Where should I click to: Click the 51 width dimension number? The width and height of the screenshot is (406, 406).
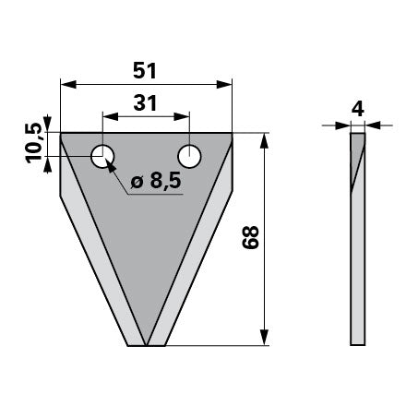click(x=145, y=71)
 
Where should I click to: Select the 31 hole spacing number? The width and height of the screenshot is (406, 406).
click(x=145, y=103)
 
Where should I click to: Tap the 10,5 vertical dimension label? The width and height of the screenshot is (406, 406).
click(x=33, y=143)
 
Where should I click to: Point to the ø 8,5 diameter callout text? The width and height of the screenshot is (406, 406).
click(x=156, y=181)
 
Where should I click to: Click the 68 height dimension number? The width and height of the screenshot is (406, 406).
click(x=250, y=237)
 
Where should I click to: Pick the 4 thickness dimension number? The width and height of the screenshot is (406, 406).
click(x=358, y=109)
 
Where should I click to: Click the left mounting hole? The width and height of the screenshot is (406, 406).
click(x=102, y=156)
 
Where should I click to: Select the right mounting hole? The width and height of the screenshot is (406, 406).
click(x=189, y=156)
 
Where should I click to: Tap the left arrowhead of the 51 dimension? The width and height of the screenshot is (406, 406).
click(x=68, y=84)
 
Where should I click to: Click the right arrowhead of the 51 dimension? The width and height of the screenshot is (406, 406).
click(x=224, y=84)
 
